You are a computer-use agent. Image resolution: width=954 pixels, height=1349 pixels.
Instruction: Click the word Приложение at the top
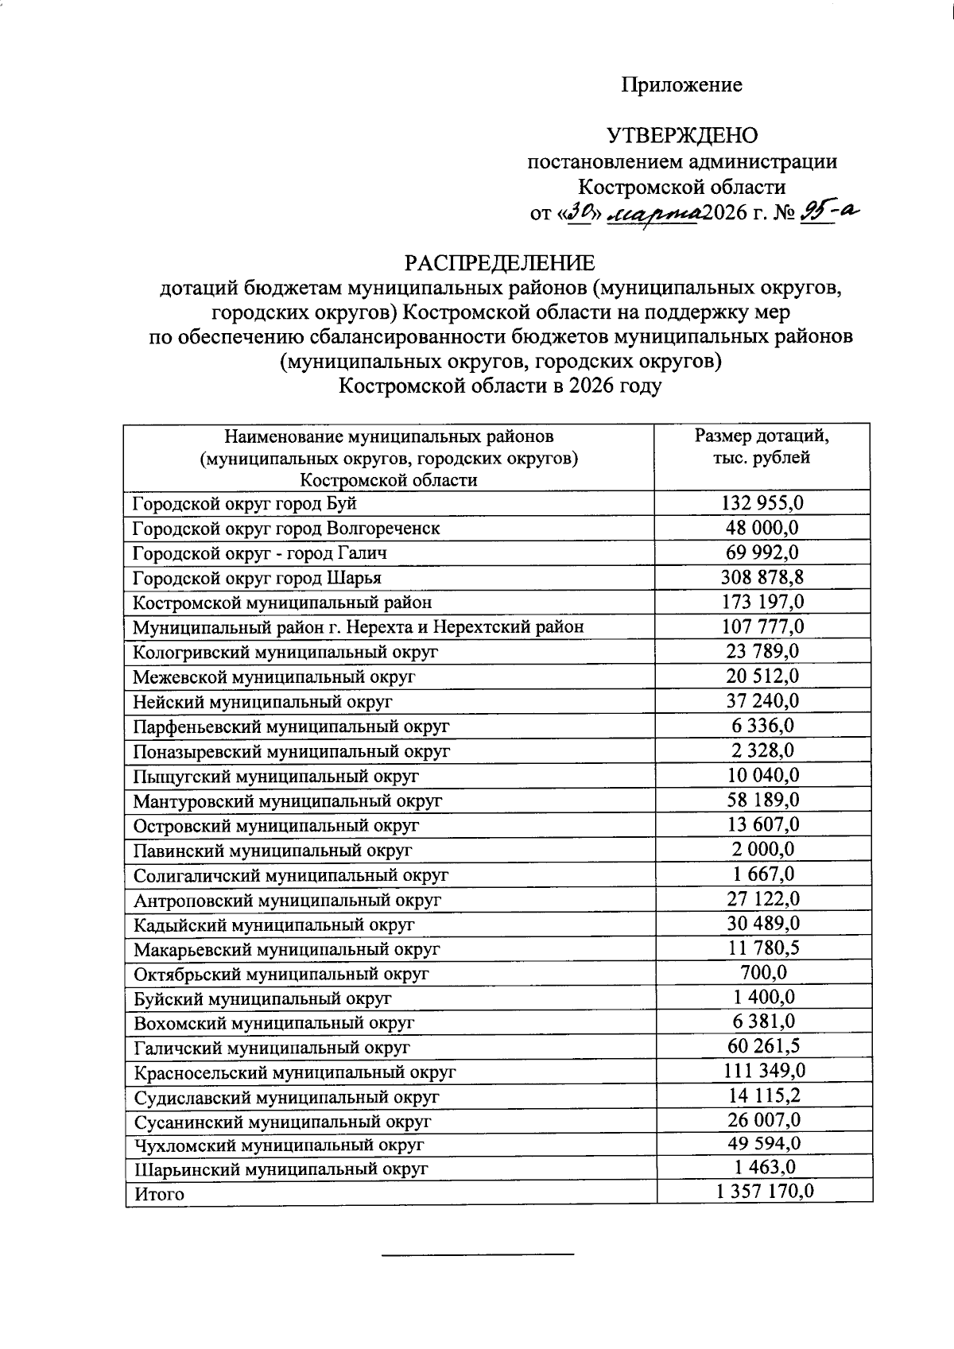(681, 85)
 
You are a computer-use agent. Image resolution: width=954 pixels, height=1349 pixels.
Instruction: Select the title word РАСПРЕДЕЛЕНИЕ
(500, 262)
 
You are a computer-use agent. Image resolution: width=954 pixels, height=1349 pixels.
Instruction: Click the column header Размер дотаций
(762, 436)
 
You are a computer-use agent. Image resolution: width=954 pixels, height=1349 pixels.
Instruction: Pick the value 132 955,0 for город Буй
(762, 503)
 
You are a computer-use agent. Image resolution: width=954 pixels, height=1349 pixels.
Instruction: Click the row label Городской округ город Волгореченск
(286, 529)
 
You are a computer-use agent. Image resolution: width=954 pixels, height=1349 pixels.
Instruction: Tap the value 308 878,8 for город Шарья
(762, 578)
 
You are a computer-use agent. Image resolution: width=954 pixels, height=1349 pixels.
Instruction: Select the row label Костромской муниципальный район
(282, 603)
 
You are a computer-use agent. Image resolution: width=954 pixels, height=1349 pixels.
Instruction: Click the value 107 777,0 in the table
(762, 627)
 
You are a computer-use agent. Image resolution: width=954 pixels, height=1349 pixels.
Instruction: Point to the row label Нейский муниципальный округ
(262, 702)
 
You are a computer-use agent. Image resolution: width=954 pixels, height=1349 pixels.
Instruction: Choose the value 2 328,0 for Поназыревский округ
(762, 750)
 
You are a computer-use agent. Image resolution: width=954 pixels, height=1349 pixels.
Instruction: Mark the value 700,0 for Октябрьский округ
(762, 973)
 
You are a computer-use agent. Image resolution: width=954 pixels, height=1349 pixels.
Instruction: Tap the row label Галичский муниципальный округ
(272, 1049)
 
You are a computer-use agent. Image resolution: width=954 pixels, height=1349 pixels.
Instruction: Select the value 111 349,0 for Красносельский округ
(762, 1072)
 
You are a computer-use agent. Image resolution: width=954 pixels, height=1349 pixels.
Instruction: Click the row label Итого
(159, 1195)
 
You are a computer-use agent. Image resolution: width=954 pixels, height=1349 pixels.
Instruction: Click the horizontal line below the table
(478, 1254)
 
